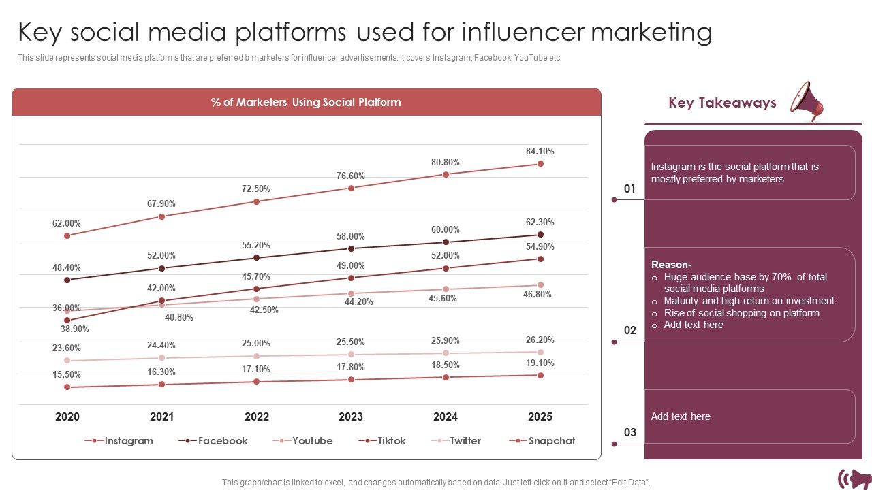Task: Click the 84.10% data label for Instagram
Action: (x=540, y=151)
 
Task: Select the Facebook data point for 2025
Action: (x=540, y=235)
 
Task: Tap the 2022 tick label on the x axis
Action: (x=256, y=417)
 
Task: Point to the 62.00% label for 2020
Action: (x=67, y=223)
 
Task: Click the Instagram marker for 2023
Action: (x=351, y=188)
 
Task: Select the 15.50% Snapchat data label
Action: (x=67, y=375)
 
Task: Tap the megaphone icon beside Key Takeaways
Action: (x=807, y=101)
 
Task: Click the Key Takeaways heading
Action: (x=722, y=103)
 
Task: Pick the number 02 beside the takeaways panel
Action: (x=630, y=331)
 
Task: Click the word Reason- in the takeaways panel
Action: (x=671, y=265)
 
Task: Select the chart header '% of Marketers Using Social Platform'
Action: (x=306, y=103)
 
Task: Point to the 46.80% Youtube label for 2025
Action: (x=538, y=295)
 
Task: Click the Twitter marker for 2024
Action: (x=446, y=353)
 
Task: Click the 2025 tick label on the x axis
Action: (x=540, y=417)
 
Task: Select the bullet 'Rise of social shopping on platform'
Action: (x=741, y=313)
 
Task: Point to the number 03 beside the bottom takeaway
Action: (x=630, y=433)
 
